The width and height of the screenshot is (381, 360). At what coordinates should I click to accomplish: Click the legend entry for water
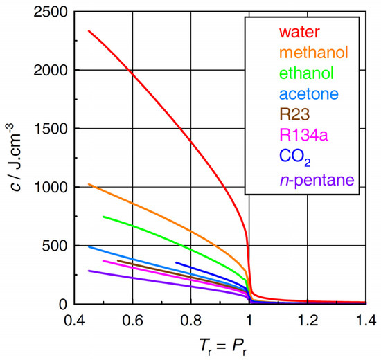(299, 31)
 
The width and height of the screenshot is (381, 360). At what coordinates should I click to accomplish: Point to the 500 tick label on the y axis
(55, 246)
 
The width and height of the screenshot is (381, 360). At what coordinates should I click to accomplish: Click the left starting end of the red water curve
(88, 30)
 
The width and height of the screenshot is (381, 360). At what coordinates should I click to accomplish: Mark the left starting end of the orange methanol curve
(88, 183)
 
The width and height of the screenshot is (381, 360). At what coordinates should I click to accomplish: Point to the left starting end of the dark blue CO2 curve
(176, 262)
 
